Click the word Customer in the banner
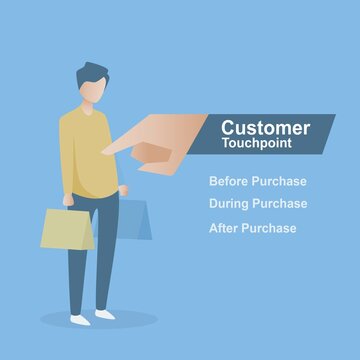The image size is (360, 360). (264, 128)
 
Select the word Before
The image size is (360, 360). (225, 182)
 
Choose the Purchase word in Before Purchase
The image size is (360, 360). (275, 182)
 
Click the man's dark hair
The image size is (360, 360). (92, 73)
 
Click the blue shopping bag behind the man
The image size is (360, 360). (135, 217)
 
